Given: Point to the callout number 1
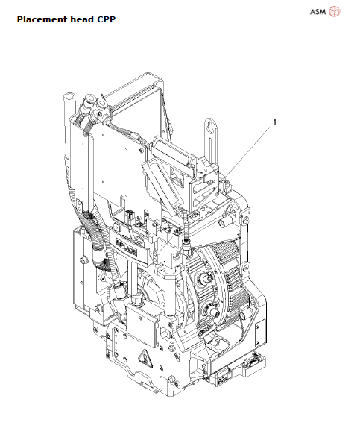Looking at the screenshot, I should pos(276,120).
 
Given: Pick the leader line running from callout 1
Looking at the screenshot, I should pos(250,149).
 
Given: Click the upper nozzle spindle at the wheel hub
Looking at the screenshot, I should pos(203,281).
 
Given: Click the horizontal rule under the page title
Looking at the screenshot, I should pos(180,25).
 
